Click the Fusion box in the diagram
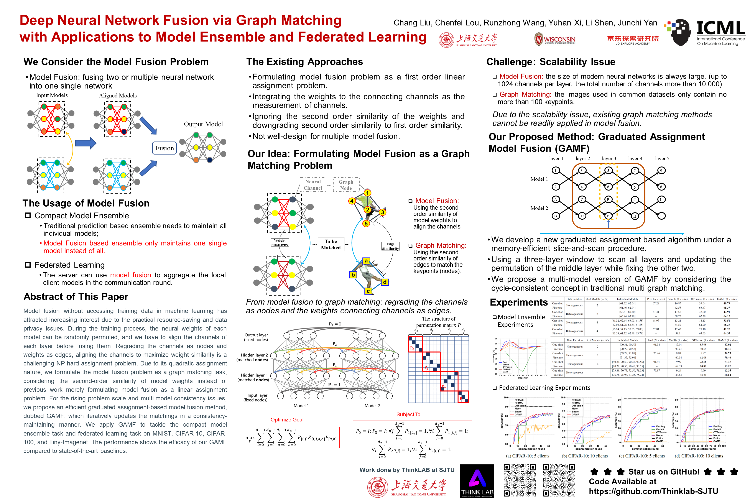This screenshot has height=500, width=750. pyautogui.click(x=164, y=148)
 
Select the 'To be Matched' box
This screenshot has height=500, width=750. pyautogui.click(x=331, y=245)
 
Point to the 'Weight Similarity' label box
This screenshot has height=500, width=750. pyautogui.click(x=280, y=243)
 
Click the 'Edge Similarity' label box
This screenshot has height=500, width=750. pyautogui.click(x=390, y=246)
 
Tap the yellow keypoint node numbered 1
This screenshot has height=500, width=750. pyautogui.click(x=367, y=193)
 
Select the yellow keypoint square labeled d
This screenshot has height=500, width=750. pyautogui.click(x=385, y=282)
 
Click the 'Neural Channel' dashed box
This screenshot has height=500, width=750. pyautogui.click(x=313, y=185)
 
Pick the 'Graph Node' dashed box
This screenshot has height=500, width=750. pyautogui.click(x=346, y=185)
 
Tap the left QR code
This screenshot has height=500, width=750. pyautogui.click(x=520, y=480)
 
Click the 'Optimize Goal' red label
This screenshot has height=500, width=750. pyautogui.click(x=287, y=420)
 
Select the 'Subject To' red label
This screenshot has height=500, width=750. pyautogui.click(x=408, y=414)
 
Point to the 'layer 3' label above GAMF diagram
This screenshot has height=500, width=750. pyautogui.click(x=609, y=158)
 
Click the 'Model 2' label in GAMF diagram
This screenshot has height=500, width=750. pyautogui.click(x=539, y=208)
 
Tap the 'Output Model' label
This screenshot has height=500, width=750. pyautogui.click(x=203, y=124)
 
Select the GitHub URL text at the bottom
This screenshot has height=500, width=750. pyautogui.click(x=653, y=491)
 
